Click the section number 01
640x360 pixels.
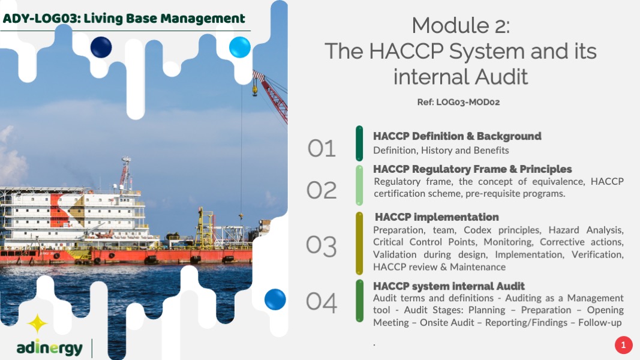[x=321, y=148]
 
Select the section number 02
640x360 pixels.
[x=321, y=190]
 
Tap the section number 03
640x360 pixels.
[x=321, y=247]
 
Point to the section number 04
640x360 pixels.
[x=321, y=302]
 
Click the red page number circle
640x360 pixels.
[x=623, y=346]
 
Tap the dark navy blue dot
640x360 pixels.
[x=101, y=47]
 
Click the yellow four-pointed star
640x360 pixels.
[x=37, y=323]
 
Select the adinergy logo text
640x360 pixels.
[x=49, y=348]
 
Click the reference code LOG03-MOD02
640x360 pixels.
[x=468, y=102]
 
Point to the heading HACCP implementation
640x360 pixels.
[x=437, y=217]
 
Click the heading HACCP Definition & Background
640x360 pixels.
[x=457, y=136]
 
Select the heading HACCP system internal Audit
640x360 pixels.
[x=449, y=286]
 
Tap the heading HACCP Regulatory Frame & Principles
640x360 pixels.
[x=472, y=169]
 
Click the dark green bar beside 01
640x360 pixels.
[x=359, y=143]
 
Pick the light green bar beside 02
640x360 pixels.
[x=359, y=185]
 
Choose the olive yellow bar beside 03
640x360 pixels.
[x=359, y=243]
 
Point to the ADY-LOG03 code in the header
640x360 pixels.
[x=40, y=19]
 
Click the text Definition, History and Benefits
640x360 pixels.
[x=441, y=151]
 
